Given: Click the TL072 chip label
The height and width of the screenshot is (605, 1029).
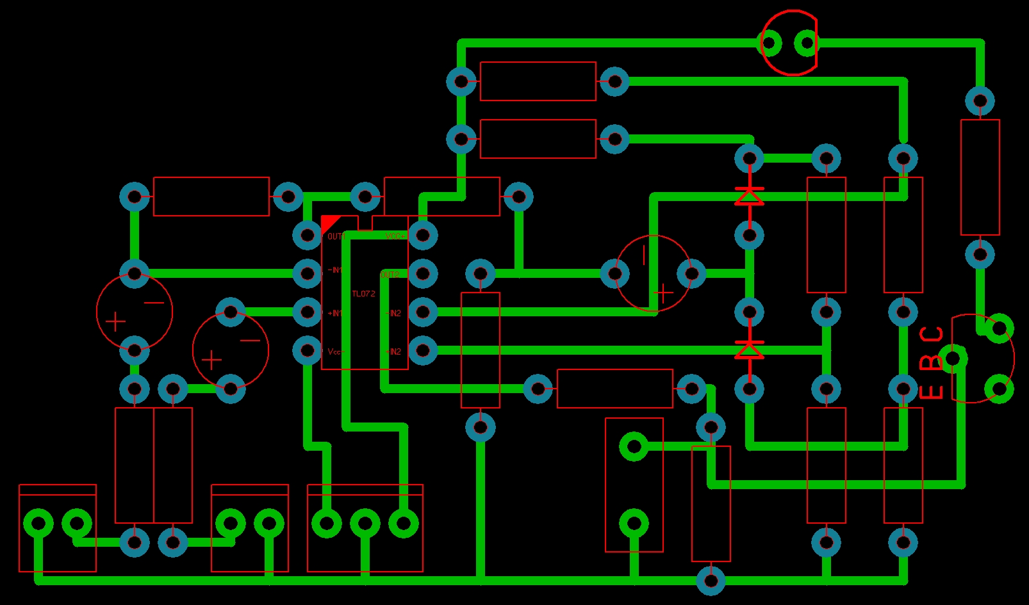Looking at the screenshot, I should [x=363, y=294].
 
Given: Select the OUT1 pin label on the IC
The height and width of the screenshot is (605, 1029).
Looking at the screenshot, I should [x=336, y=236].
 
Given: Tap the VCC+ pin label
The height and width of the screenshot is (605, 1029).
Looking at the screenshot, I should [x=395, y=236].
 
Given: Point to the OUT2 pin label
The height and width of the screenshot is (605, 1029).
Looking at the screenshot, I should [x=390, y=275].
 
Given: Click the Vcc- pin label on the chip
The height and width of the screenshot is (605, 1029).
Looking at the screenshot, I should [x=336, y=351].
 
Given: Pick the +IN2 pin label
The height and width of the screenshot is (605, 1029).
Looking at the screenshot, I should [x=393, y=313].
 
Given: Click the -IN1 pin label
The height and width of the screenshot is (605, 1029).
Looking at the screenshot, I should [x=335, y=270].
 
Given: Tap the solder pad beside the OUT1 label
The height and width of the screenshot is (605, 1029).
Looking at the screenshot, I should [x=308, y=236].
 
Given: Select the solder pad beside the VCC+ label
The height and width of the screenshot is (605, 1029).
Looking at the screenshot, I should [x=423, y=236].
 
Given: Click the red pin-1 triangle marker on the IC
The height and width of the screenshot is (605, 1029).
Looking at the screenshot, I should [x=329, y=223].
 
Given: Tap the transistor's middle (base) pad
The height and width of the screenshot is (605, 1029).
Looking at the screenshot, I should [x=954, y=358].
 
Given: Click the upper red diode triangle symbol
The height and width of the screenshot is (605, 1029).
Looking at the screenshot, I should [x=749, y=196].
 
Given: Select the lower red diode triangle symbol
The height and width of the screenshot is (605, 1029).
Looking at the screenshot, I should [x=749, y=350].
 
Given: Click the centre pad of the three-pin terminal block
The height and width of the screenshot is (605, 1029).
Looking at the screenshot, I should [x=365, y=524].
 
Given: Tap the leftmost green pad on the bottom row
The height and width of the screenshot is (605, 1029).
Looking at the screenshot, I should [x=38, y=524].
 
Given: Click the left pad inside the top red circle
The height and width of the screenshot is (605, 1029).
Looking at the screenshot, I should [x=770, y=44].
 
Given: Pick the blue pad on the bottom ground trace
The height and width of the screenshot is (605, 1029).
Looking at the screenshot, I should [x=711, y=581].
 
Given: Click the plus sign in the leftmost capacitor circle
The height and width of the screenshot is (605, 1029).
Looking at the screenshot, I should [x=115, y=321].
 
